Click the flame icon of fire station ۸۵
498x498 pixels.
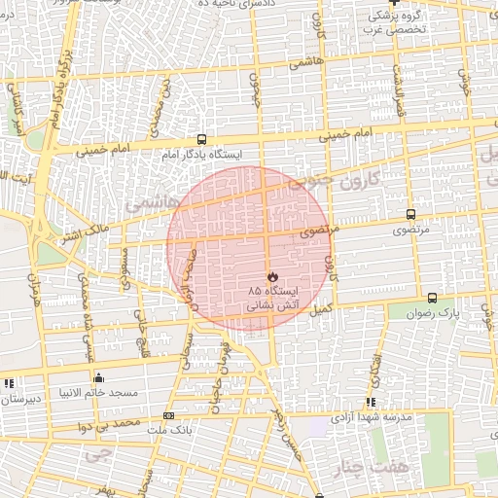[271, 277]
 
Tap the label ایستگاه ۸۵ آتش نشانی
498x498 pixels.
[272, 298]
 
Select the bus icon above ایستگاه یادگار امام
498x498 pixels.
[201, 139]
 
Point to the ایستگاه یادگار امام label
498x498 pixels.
[201, 154]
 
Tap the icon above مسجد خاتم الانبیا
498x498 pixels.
[98, 377]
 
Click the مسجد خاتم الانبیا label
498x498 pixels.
[98, 392]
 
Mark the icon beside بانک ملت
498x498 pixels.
[169, 416]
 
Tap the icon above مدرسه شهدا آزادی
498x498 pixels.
[371, 402]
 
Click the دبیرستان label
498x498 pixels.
[20, 399]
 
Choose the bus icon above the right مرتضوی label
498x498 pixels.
[411, 214]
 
